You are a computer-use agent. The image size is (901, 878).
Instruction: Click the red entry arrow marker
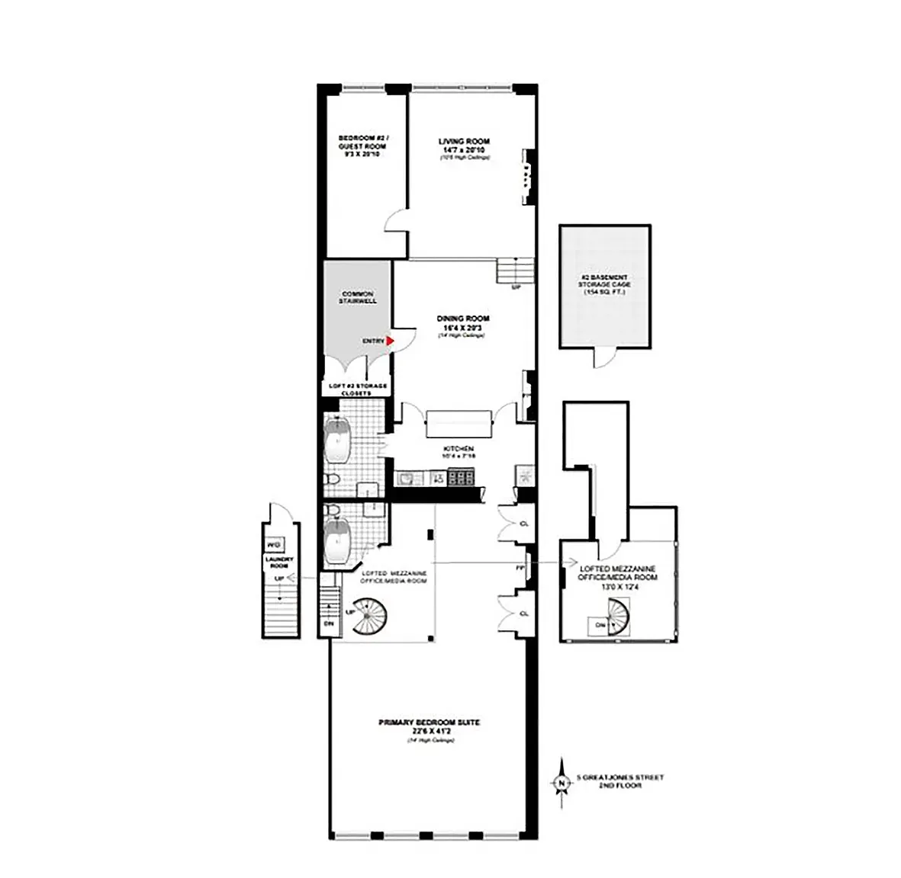(389, 341)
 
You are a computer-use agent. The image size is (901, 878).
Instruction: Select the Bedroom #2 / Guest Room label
(363, 146)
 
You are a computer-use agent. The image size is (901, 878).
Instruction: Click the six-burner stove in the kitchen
(460, 479)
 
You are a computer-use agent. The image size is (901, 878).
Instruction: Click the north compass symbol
(562, 781)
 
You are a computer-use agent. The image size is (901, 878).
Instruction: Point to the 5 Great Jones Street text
(620, 777)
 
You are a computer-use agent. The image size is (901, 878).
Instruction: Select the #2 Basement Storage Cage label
(603, 284)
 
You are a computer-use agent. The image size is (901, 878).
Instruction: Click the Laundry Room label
(278, 562)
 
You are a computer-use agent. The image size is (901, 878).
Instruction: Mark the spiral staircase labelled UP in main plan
(371, 614)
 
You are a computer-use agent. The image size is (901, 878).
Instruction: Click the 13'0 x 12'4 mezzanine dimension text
(618, 587)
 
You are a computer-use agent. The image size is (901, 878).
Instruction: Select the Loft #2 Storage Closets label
(358, 389)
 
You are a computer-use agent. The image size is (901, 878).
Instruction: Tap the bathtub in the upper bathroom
(336, 441)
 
